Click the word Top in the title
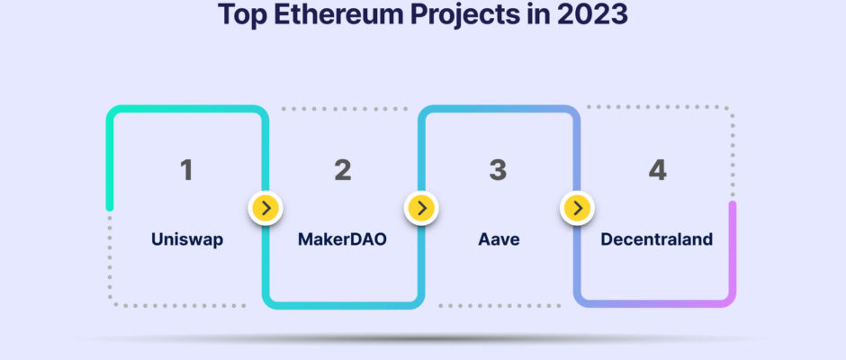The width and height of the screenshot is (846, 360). (242, 14)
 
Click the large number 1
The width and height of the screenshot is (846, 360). (186, 169)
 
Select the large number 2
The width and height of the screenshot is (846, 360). (343, 169)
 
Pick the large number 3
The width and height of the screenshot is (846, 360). (498, 169)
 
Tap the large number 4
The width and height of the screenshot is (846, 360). (657, 169)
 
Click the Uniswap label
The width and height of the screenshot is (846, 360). (187, 239)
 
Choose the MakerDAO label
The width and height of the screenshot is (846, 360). (342, 239)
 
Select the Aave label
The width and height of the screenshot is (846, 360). (499, 239)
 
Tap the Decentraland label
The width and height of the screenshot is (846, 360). (657, 239)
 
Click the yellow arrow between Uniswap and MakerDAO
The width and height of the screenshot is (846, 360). (266, 208)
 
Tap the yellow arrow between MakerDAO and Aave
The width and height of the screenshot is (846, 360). (421, 208)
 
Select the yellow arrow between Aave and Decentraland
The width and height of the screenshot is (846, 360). (577, 208)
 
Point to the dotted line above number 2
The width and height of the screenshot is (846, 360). (345, 109)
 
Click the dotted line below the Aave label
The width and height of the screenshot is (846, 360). (499, 306)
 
